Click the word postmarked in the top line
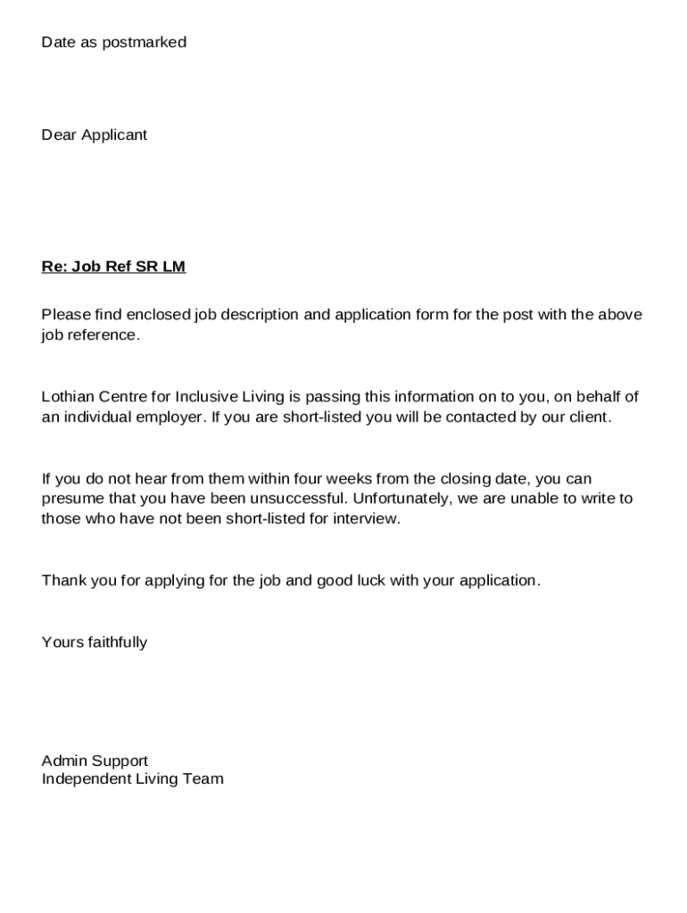145,42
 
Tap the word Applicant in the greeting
114,135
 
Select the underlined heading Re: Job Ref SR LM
113,267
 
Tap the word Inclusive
206,397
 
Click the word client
591,417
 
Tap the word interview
368,519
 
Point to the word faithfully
117,642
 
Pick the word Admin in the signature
62,761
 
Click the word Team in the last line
204,779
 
